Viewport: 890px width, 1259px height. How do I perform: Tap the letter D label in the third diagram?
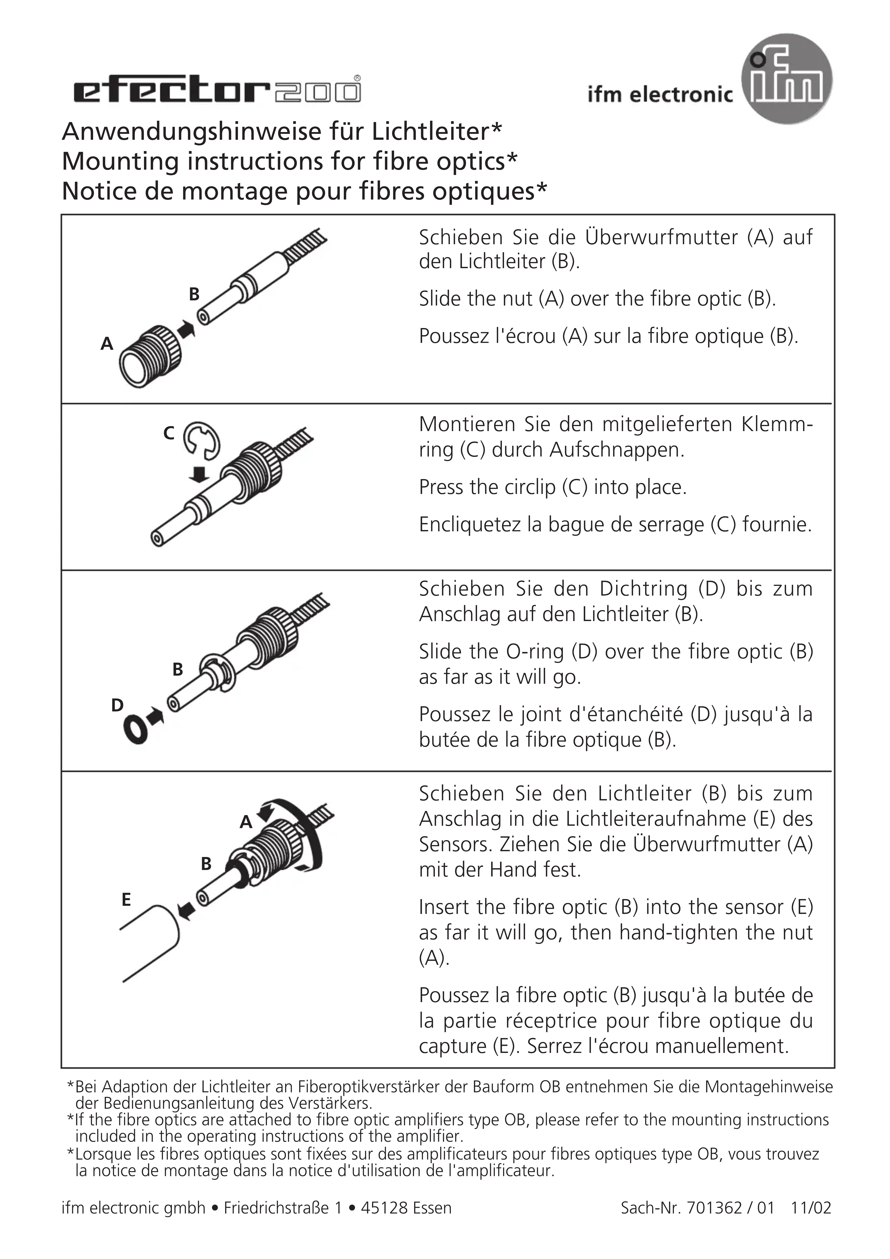tap(117, 705)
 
